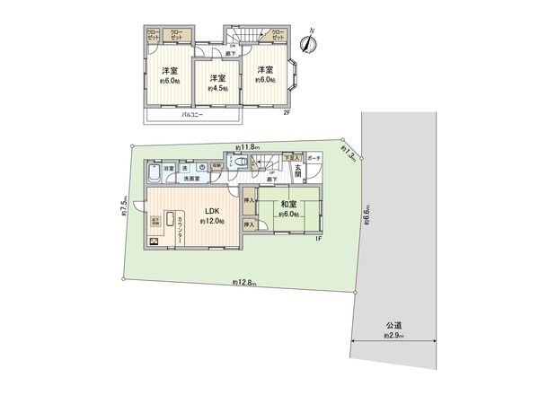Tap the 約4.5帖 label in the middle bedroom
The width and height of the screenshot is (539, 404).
click(x=217, y=90)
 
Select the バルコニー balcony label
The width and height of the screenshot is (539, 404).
click(x=190, y=116)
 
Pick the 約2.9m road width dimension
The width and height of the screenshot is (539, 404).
click(x=393, y=335)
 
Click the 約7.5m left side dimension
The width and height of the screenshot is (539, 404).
click(x=123, y=209)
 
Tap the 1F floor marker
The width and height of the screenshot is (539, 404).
click(x=317, y=240)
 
